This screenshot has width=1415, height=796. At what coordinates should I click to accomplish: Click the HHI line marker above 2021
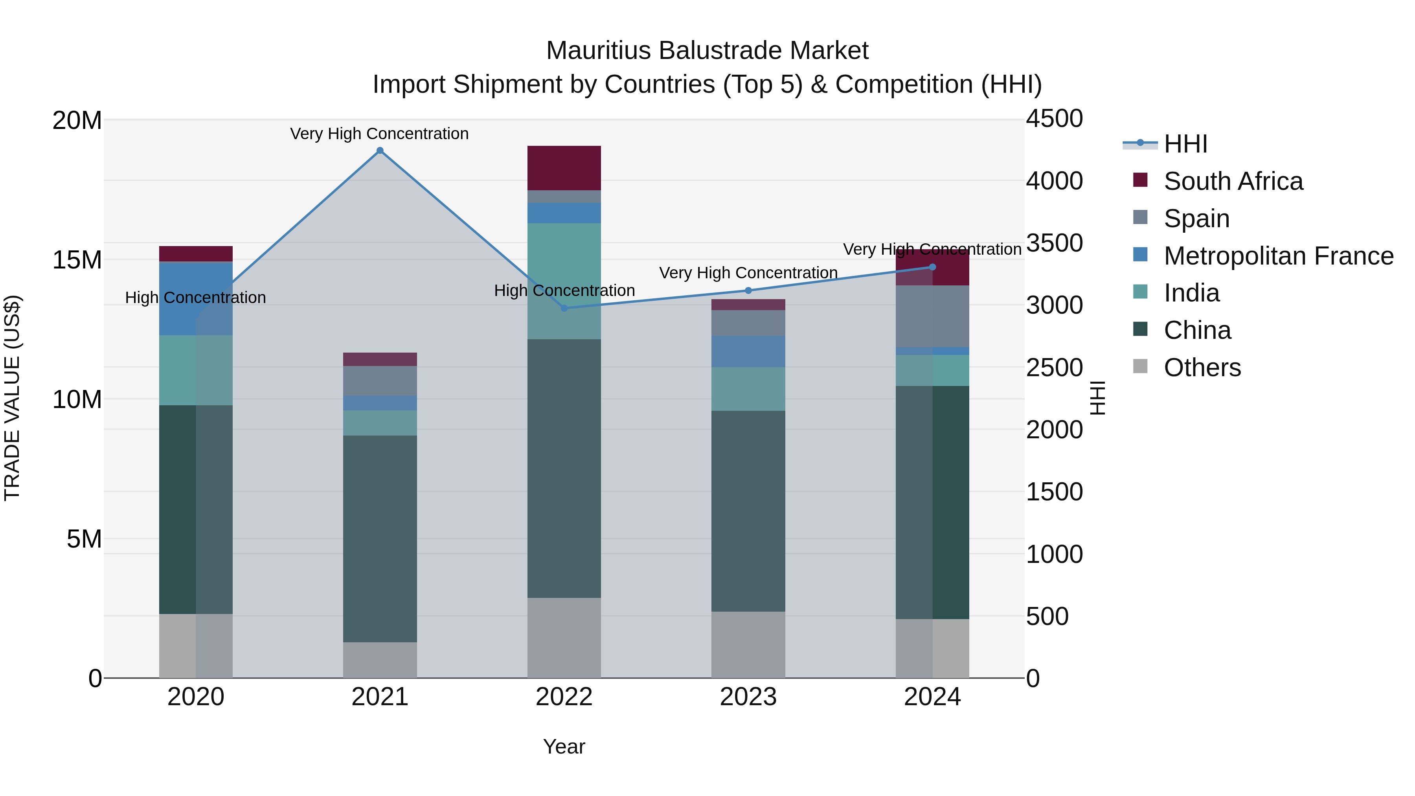coord(380,151)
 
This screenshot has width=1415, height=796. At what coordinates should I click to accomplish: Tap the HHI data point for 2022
coord(564,308)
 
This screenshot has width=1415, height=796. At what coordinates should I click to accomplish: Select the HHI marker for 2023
coord(748,290)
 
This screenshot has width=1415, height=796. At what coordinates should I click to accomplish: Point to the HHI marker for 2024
coord(932,267)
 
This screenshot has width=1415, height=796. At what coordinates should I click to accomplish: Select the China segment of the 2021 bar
coord(380,539)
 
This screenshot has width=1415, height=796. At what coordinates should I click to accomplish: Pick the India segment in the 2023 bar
coord(748,389)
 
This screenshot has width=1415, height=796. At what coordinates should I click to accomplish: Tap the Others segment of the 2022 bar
coord(564,637)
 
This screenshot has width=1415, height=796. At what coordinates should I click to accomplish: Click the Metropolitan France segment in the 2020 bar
coord(196,300)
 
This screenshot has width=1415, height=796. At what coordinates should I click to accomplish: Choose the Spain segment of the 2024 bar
coord(932,316)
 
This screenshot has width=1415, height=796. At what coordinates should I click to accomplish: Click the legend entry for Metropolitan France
coord(1278,256)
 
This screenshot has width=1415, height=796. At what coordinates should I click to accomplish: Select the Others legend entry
coord(1202,368)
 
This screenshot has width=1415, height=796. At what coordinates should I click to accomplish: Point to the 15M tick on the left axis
coord(77,260)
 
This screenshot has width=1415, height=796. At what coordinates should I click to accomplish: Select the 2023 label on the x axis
coord(748,697)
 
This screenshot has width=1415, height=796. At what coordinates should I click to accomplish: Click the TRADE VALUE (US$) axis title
coord(12,398)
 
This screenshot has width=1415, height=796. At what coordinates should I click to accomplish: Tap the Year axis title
coord(564,746)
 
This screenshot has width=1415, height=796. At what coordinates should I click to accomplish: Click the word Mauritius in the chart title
coord(598,51)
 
